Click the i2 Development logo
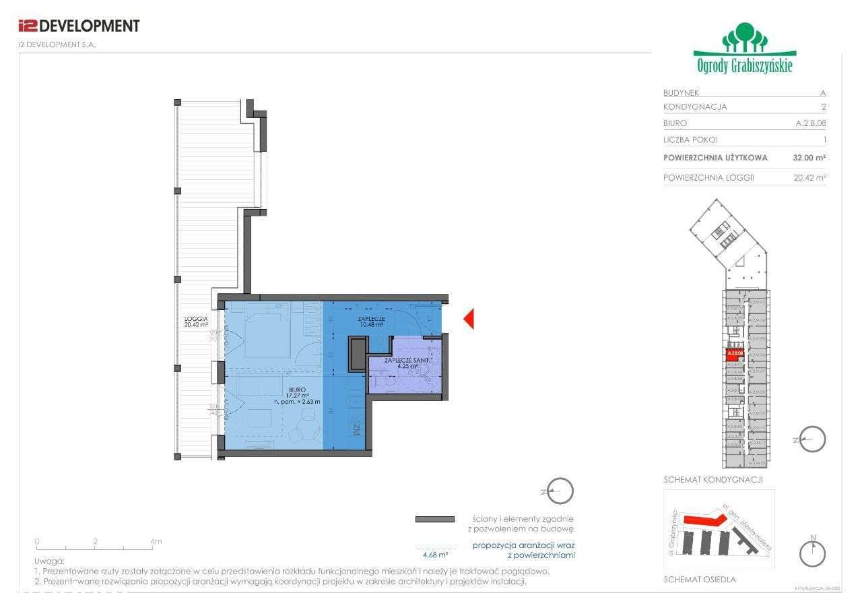[x=78, y=26]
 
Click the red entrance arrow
[x=469, y=319]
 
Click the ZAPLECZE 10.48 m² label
[x=370, y=321]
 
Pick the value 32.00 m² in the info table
[x=809, y=158]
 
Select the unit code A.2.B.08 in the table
[x=810, y=123]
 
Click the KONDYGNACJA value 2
[x=823, y=106]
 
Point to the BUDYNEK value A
[x=823, y=93]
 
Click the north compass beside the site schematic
[x=812, y=553]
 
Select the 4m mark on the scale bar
[x=156, y=541]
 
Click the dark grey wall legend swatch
[x=434, y=519]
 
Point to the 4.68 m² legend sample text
[x=434, y=555]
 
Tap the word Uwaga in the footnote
[x=49, y=561]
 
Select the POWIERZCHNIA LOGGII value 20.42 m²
[x=809, y=178]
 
